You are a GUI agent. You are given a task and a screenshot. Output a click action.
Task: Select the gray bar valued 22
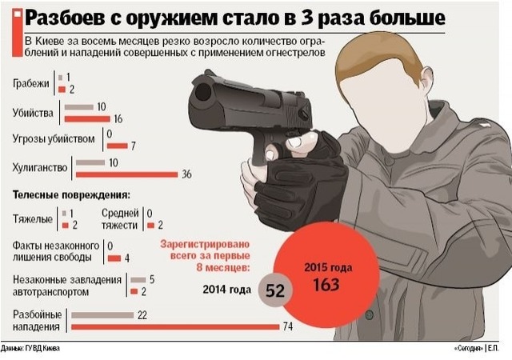102,315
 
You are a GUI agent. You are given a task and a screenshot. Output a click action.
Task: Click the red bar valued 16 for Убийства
88,118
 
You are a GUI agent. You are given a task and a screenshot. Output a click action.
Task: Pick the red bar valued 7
117,146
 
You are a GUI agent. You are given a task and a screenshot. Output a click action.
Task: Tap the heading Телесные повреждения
71,195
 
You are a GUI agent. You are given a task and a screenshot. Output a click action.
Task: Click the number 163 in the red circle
326,284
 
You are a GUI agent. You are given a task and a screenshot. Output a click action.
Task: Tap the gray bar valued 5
137,280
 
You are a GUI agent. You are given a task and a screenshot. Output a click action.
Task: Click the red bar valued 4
114,258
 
